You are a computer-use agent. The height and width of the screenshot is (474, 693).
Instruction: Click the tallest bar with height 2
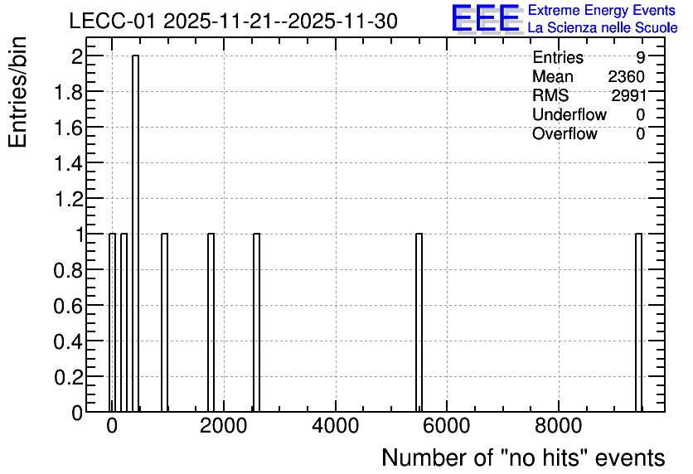tap(135, 233)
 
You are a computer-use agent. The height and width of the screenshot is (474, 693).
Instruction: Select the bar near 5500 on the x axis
tap(419, 322)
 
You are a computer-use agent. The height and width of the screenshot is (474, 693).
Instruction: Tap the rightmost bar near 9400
tap(638, 322)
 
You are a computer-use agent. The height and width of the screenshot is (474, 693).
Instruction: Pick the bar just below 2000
tap(211, 322)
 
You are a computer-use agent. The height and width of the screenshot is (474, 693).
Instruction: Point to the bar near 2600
tap(256, 322)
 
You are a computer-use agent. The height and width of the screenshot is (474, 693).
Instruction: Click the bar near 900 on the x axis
tap(164, 322)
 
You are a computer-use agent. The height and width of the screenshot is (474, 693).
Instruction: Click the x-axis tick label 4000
tap(335, 426)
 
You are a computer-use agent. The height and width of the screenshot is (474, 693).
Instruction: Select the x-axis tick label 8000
tap(558, 426)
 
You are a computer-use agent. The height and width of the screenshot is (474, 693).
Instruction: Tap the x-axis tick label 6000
tap(446, 426)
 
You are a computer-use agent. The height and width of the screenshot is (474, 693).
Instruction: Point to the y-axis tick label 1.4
tap(68, 163)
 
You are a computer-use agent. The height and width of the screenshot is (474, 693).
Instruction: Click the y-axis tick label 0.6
tap(68, 306)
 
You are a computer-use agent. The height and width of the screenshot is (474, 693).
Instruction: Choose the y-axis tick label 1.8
tap(68, 92)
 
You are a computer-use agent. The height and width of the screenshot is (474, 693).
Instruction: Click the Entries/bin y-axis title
tap(17, 92)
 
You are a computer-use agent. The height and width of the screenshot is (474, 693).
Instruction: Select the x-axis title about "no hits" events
tap(523, 457)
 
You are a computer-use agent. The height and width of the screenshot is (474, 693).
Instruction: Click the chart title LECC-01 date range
tap(234, 22)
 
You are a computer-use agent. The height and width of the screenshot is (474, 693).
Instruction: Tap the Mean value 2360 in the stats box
tap(626, 77)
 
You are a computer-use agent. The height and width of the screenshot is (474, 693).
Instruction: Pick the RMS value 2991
tap(628, 95)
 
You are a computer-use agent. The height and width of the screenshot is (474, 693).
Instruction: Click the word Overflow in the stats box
tap(565, 133)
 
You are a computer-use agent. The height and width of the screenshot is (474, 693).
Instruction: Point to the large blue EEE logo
tap(486, 18)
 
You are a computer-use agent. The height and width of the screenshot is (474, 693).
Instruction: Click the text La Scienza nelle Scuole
tap(603, 28)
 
